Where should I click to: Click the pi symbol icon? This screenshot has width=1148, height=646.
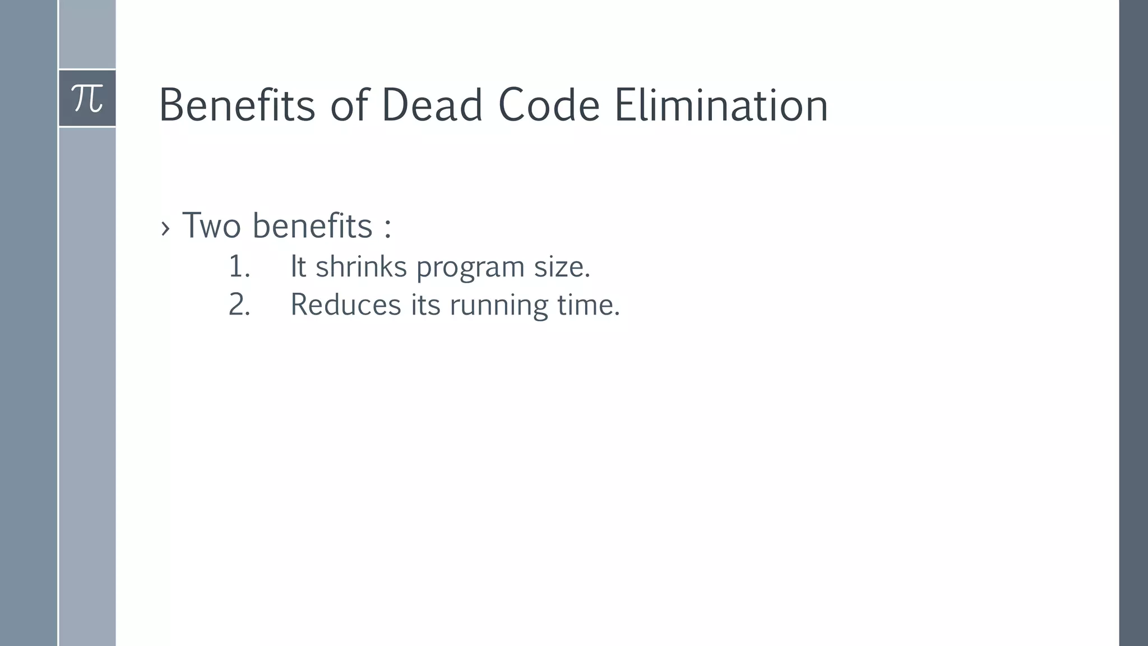[87, 99]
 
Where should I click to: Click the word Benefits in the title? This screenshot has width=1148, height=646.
[237, 105]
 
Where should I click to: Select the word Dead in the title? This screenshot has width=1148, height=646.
[432, 105]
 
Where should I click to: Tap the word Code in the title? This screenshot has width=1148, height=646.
[549, 105]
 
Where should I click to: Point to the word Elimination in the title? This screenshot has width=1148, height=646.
[721, 105]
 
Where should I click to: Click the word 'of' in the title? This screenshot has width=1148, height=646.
[349, 105]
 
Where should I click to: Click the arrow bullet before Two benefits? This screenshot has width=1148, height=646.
[165, 228]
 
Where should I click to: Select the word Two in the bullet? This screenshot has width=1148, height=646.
[211, 225]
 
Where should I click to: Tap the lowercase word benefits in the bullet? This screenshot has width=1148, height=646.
[312, 225]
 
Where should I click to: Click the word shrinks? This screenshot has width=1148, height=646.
[361, 267]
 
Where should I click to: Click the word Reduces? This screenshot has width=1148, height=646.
[345, 305]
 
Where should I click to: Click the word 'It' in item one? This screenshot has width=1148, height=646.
[298, 267]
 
